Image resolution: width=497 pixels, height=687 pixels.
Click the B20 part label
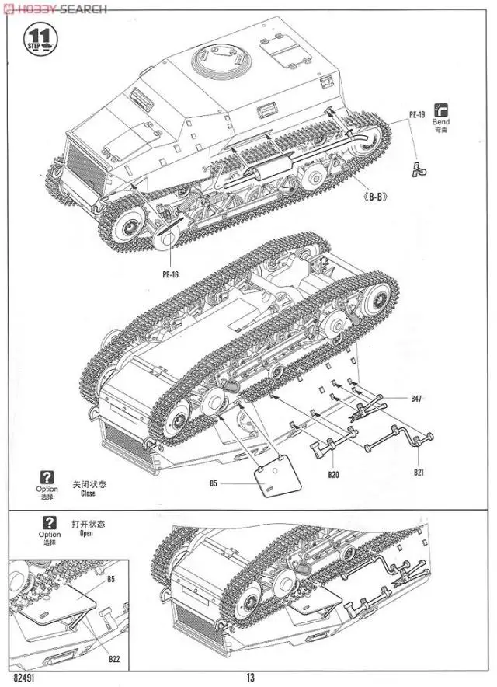point(333,474)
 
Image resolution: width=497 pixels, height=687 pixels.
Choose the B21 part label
point(419,472)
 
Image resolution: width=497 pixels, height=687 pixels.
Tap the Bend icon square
point(441,109)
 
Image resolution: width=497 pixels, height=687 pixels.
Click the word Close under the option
point(88,493)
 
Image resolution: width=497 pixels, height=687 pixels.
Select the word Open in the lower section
point(88,534)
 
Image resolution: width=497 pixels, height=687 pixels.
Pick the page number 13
point(250,678)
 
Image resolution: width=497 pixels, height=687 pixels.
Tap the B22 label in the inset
point(114,660)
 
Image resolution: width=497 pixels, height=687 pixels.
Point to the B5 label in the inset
point(111,578)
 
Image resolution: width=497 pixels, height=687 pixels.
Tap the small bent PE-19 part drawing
point(421,167)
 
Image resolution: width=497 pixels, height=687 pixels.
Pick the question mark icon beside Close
point(47,477)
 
